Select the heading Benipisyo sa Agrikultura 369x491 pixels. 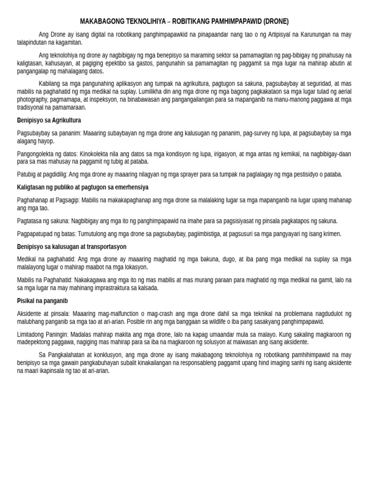(x=49, y=120)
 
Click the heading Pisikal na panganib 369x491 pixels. (x=42, y=301)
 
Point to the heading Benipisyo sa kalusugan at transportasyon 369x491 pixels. (x=72, y=246)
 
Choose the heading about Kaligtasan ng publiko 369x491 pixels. (x=83, y=187)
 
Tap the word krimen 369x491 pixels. (x=331, y=234)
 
